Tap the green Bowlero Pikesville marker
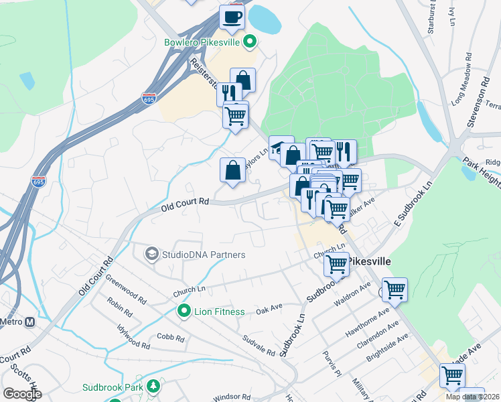point(250,43)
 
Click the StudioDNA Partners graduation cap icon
point(151,255)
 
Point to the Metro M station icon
point(29,322)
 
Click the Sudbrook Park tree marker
point(154,387)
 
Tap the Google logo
point(21,393)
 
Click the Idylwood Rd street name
point(132,335)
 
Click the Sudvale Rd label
point(259,345)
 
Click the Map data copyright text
point(472,396)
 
